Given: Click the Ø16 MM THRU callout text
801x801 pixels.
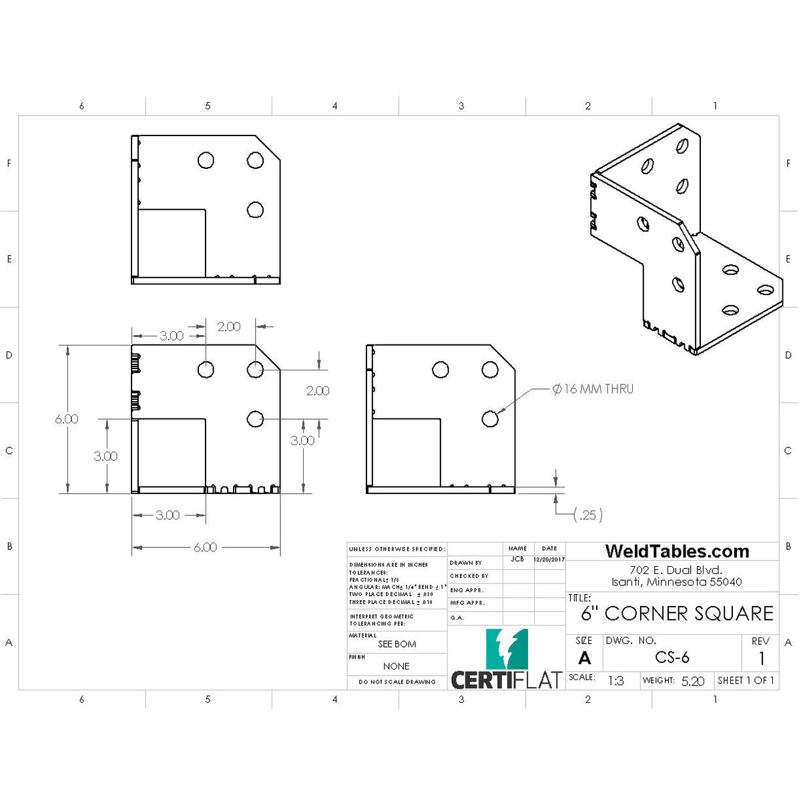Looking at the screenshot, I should point(593,388).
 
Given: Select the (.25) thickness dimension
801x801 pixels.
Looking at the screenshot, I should point(588,515).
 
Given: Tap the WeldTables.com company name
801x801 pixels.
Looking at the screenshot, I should point(676,551).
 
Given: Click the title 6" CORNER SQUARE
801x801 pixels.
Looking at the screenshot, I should point(677,613).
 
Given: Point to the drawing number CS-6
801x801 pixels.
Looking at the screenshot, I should point(672,657).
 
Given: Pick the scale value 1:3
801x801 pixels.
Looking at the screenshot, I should point(615,681).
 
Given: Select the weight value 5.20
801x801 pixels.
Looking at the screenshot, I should point(693,681).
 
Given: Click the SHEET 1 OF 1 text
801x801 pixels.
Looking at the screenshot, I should point(746,680).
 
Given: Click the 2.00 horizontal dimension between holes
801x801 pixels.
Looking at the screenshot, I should point(229,326).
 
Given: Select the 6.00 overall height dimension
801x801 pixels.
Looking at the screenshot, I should point(67,419).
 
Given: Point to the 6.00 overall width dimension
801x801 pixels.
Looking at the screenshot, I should point(205,547).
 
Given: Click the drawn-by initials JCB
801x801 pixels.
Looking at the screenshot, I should point(517,559).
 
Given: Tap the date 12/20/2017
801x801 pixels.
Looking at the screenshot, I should point(549,560).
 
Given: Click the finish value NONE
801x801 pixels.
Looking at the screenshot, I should point(396,666).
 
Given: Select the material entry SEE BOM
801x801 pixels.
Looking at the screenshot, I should point(396,644).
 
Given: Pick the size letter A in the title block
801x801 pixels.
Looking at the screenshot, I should point(584,659).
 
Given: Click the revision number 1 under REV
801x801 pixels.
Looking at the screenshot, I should point(761,659).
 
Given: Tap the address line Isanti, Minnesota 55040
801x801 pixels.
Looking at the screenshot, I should point(676,582).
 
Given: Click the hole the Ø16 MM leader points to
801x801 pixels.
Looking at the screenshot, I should point(490,419).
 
